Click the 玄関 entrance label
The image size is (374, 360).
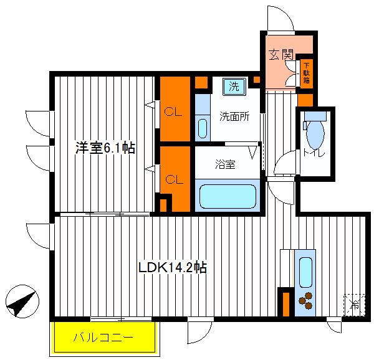(x=281, y=54)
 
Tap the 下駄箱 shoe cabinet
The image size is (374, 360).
(x=307, y=74)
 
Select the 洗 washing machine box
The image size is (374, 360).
(x=233, y=87)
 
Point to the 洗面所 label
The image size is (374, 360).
(x=234, y=116)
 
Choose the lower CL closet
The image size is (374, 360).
(x=174, y=178)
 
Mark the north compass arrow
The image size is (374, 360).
(x=20, y=303)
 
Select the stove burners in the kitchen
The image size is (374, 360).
(x=305, y=302)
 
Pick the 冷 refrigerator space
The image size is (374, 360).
(x=353, y=305)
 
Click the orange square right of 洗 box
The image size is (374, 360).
(x=256, y=80)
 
